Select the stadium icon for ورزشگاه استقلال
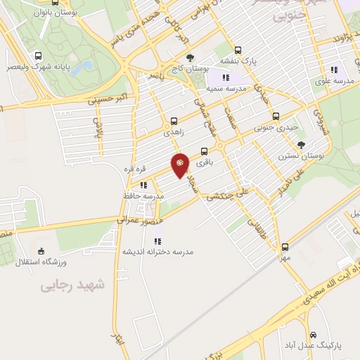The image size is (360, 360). click(x=41, y=251)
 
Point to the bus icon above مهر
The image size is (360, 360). click(x=285, y=247)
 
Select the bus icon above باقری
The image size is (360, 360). click(x=205, y=151)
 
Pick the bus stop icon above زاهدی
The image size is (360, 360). click(x=174, y=121)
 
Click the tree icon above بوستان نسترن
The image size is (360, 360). click(x=301, y=144)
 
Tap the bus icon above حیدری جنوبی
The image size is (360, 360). click(x=276, y=117)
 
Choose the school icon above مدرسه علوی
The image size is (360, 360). click(x=334, y=69)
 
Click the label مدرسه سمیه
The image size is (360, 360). click(x=226, y=90)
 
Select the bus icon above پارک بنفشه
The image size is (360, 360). click(x=238, y=50)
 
